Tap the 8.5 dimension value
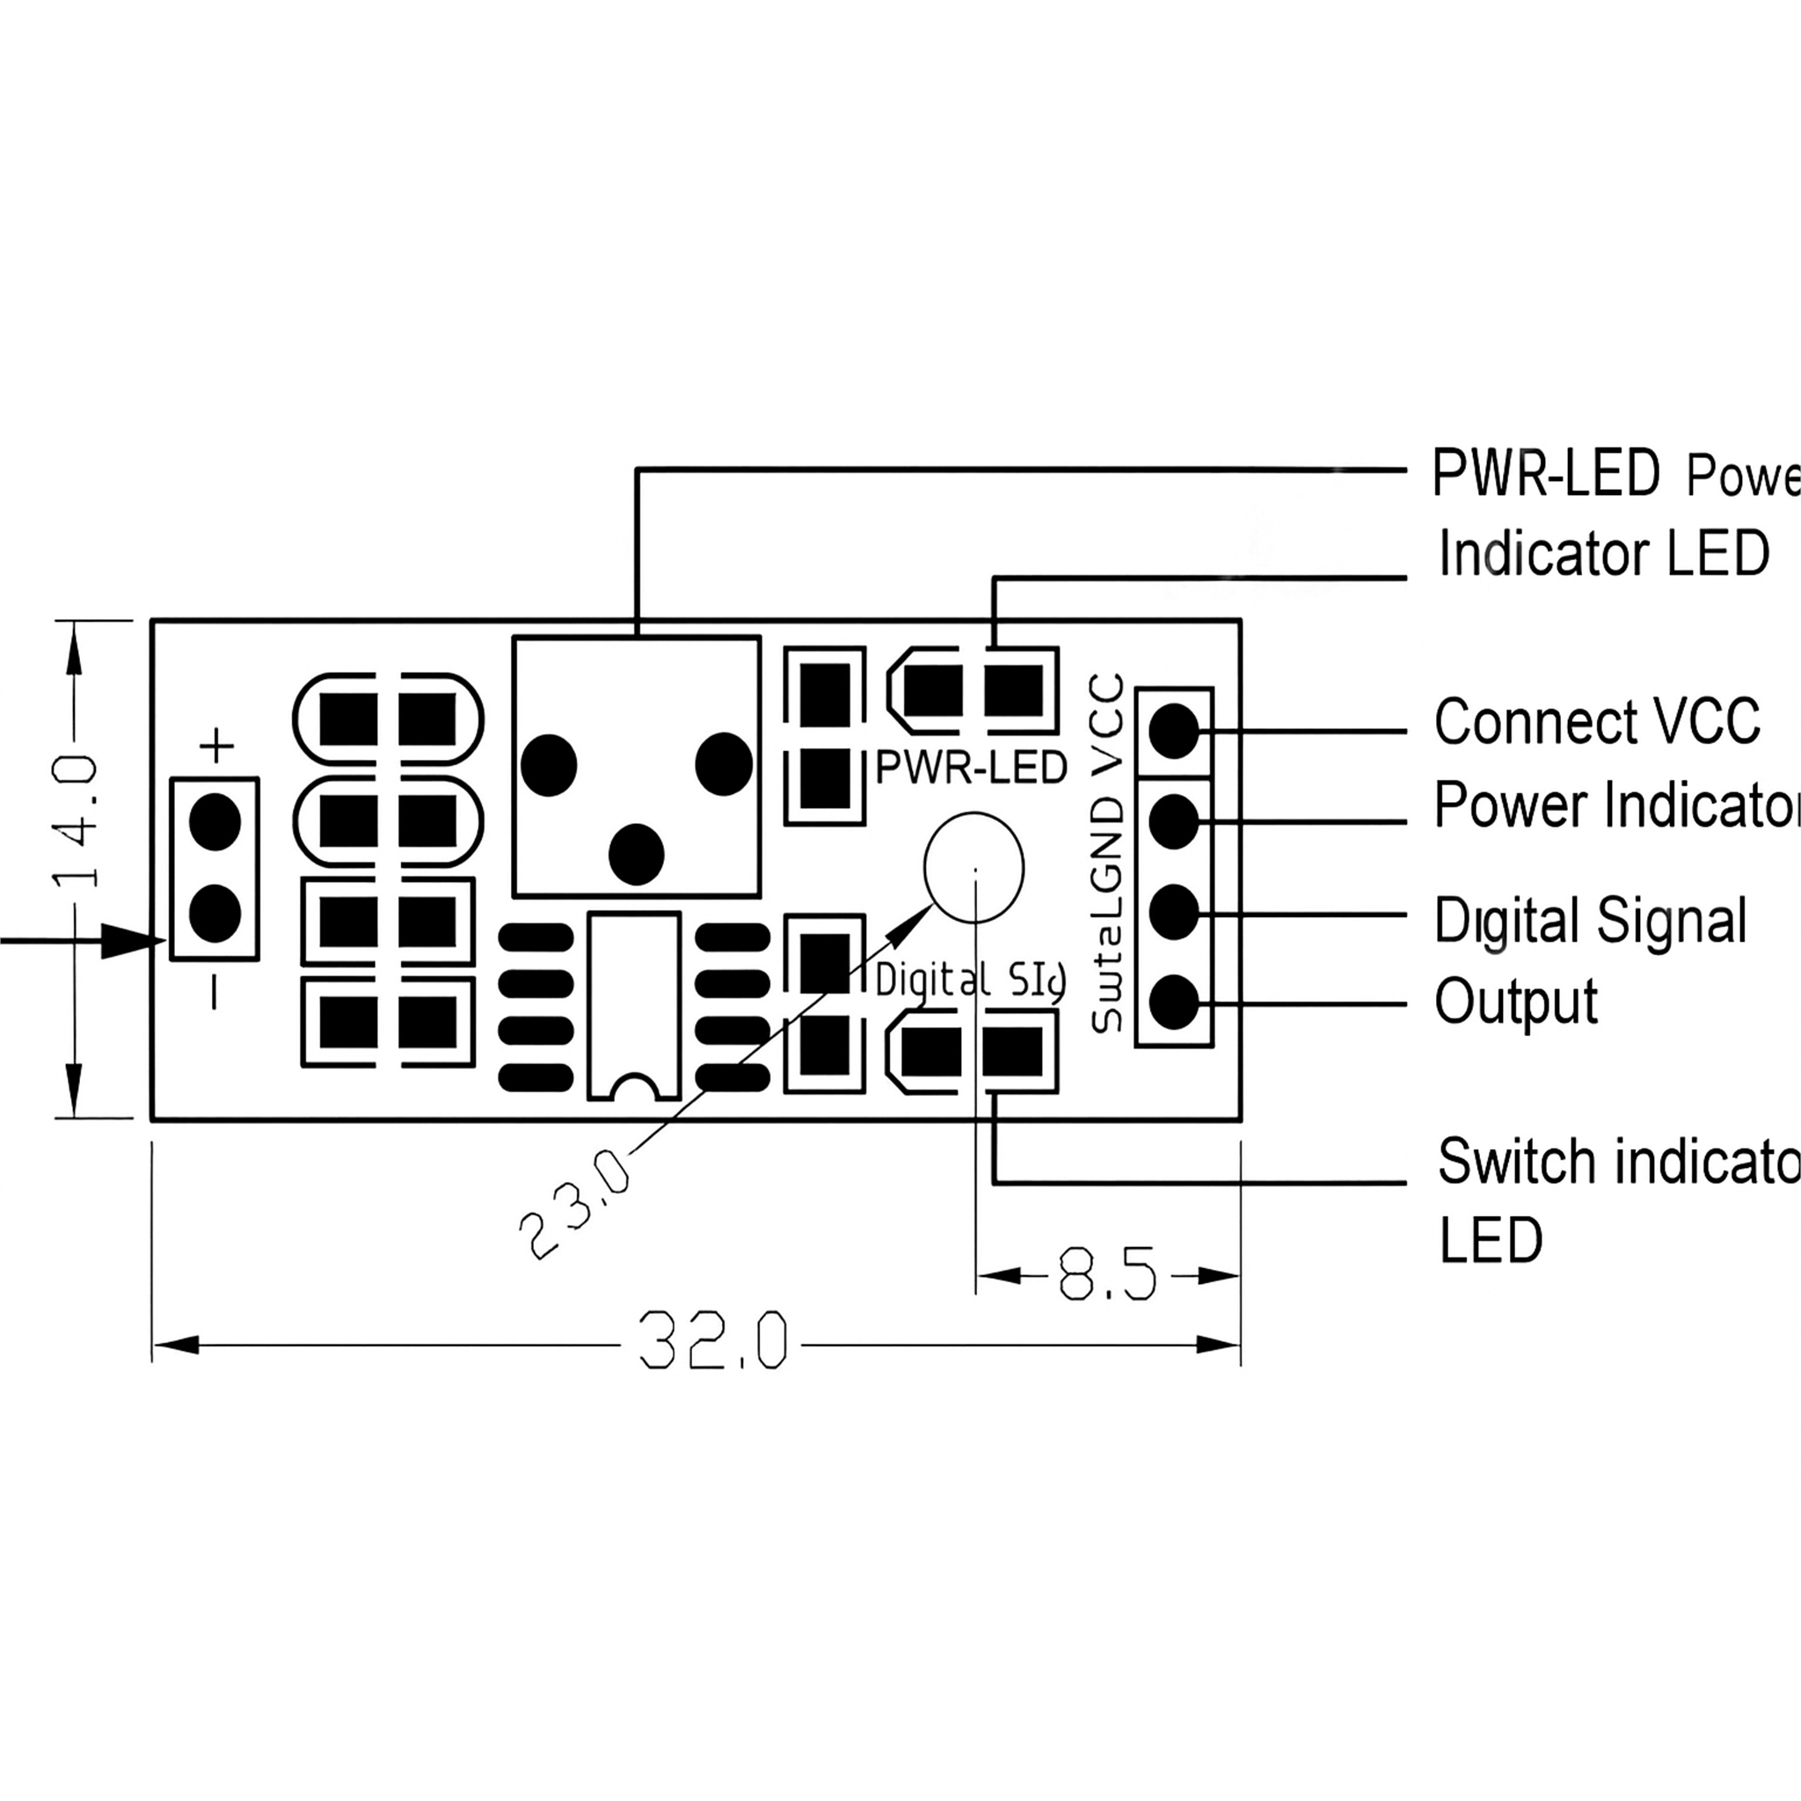point(1106,1274)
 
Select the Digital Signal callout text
point(1590,920)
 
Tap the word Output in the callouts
point(1516,1003)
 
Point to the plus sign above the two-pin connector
point(217,746)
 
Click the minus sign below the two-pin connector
point(215,992)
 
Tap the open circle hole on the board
point(974,867)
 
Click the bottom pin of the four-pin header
point(1174,1003)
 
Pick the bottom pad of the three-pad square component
point(637,854)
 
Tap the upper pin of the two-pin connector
point(215,822)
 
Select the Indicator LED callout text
point(1603,553)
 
